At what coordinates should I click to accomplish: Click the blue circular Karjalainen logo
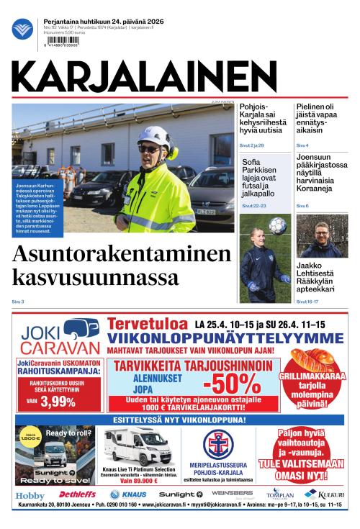(22, 30)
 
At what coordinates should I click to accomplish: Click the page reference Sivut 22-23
(254, 206)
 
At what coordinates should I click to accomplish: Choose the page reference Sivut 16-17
(307, 301)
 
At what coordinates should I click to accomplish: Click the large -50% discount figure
(229, 382)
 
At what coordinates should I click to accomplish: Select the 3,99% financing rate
(58, 401)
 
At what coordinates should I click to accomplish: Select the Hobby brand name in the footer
(30, 496)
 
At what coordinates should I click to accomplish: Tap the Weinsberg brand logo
(232, 494)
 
